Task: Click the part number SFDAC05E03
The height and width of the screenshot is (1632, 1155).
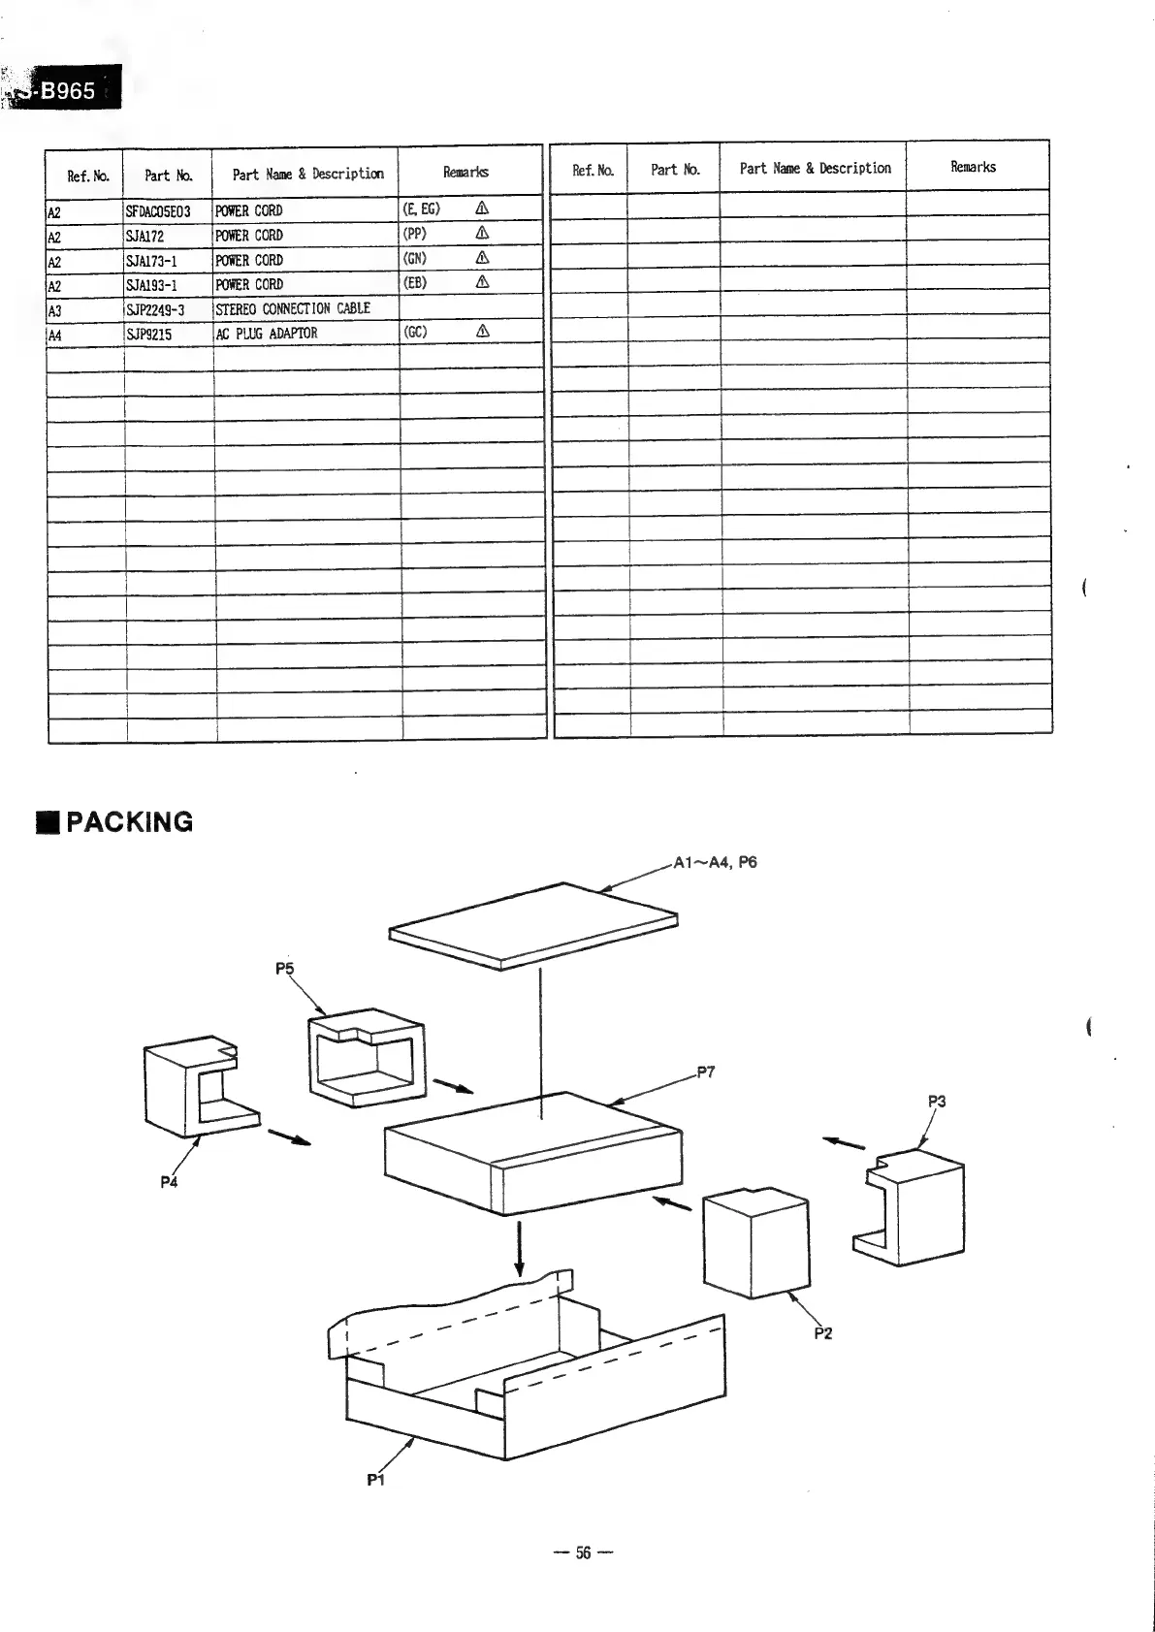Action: click(158, 211)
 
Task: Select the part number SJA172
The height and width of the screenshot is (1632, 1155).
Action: click(145, 236)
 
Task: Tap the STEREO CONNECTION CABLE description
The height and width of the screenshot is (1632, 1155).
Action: click(293, 308)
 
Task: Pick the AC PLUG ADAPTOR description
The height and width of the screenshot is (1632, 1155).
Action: click(267, 334)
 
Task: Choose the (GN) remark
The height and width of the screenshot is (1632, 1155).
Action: click(414, 259)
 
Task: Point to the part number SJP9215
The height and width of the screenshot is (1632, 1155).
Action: click(148, 335)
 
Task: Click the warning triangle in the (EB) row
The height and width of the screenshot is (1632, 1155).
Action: click(482, 282)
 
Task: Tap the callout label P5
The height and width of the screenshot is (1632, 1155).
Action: click(284, 968)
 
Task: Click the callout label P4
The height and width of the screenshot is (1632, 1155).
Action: click(169, 1182)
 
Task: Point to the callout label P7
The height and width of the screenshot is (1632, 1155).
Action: click(705, 1072)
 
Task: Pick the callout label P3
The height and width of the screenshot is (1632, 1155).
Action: click(936, 1102)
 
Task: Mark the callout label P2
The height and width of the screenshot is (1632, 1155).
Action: click(822, 1333)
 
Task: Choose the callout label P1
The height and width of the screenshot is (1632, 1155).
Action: click(376, 1481)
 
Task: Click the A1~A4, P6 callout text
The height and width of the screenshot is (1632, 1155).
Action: click(715, 863)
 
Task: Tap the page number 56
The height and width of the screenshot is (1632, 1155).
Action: click(583, 1552)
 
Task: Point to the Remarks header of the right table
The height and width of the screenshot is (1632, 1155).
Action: click(973, 167)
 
